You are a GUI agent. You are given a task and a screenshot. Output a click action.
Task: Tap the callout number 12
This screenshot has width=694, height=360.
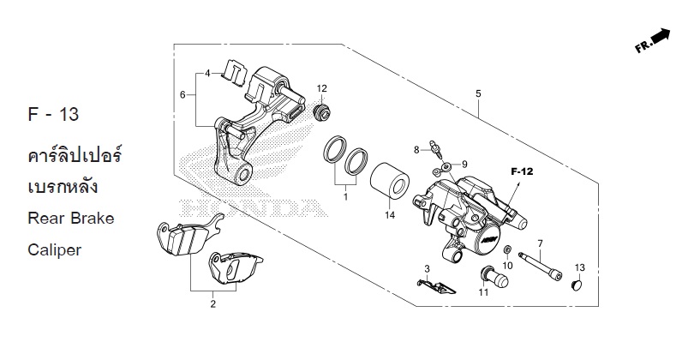click(x=322, y=88)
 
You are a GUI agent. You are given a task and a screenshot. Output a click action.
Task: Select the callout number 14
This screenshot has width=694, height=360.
click(x=390, y=215)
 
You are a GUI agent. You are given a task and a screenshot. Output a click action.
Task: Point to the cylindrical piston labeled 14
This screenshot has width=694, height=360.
click(x=390, y=181)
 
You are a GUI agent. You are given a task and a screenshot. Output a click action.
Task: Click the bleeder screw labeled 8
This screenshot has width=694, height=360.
click(x=435, y=149)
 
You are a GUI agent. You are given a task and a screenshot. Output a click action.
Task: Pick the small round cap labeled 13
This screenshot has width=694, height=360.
click(x=577, y=285)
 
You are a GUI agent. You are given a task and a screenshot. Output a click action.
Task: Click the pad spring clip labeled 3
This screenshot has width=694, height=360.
click(x=436, y=286)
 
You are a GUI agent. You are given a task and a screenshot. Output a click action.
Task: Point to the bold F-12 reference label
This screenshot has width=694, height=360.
click(x=523, y=171)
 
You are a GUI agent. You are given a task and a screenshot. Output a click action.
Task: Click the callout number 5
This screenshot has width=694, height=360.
click(x=478, y=94)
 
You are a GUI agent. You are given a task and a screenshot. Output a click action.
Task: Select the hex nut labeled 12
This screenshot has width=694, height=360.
click(x=322, y=112)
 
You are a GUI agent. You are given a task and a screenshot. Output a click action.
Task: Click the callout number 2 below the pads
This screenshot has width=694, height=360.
click(x=212, y=304)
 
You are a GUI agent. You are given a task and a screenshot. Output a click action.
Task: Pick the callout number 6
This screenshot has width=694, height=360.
click(x=182, y=95)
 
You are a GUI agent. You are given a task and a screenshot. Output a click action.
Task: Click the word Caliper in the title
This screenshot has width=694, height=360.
click(x=55, y=250)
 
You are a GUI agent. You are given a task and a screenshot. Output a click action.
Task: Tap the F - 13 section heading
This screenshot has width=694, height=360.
click(x=53, y=114)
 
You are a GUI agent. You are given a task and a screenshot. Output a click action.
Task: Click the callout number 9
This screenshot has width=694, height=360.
click(x=464, y=165)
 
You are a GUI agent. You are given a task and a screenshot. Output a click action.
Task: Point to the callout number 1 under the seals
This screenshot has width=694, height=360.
click(x=345, y=196)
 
